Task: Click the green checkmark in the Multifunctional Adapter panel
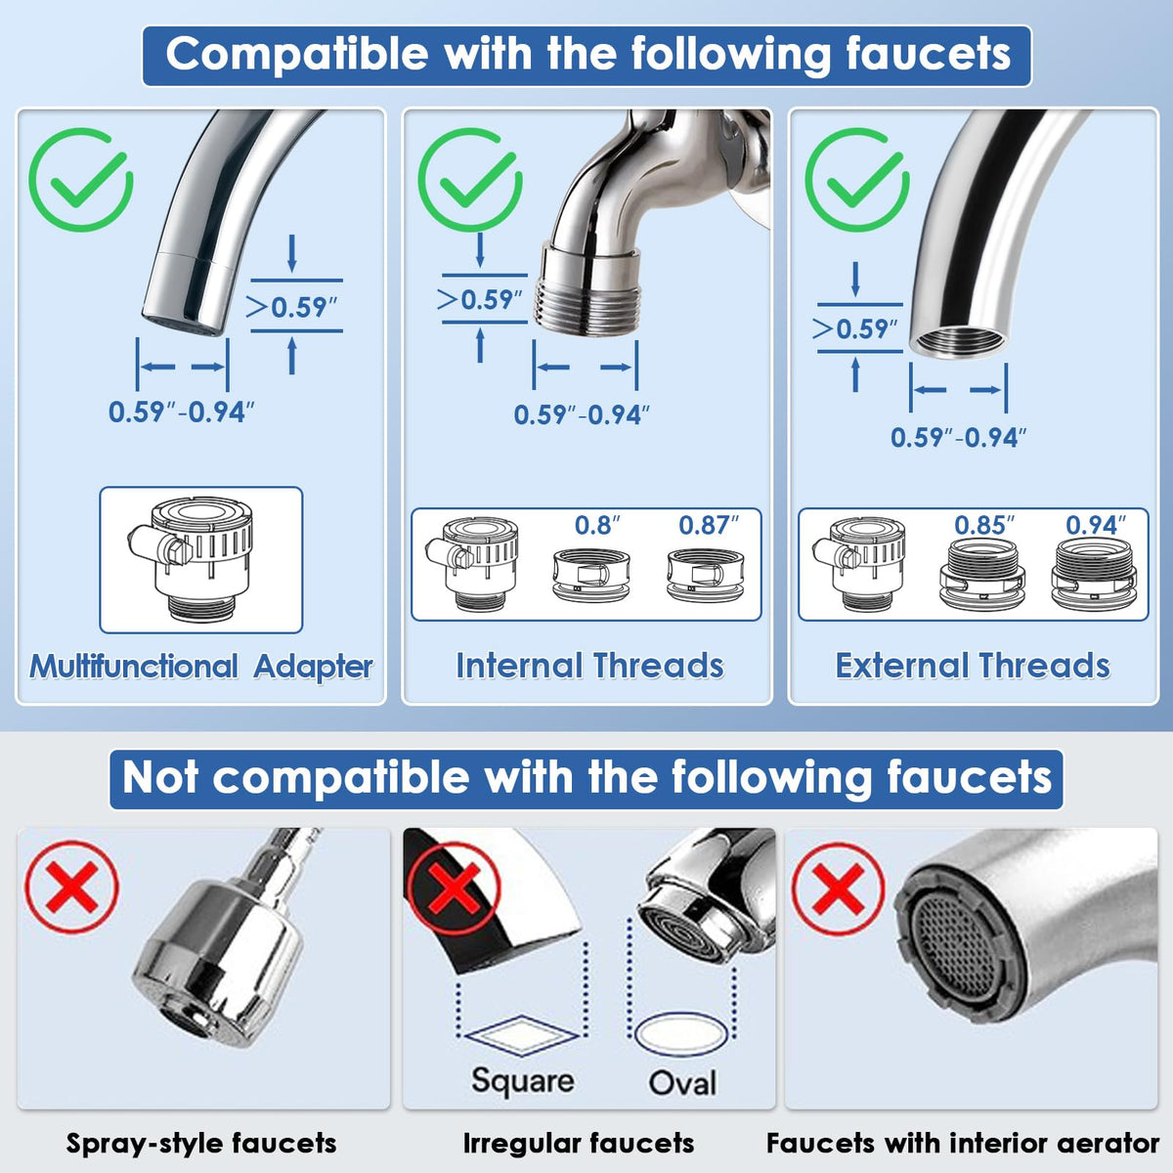pos(80,180)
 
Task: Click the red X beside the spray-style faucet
pos(72,889)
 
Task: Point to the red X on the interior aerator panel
pos(838,889)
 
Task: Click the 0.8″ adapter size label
pos(597,526)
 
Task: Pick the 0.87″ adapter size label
pos(709,526)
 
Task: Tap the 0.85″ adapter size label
pos(984,526)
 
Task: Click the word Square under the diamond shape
pos(522,1080)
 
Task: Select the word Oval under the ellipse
pos(682,1083)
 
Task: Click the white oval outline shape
pos(682,1033)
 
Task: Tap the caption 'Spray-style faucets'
pos(201,1143)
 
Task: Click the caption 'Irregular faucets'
pos(579,1143)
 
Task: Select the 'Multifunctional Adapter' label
pos(201,667)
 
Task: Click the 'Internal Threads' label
pos(589,666)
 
